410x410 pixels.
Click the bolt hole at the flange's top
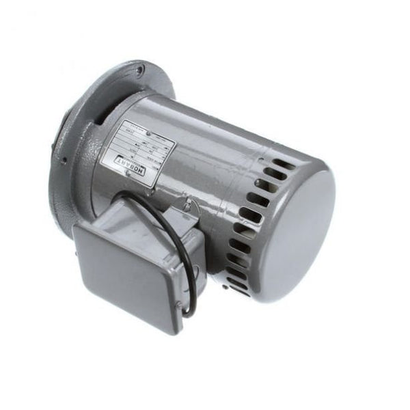139,68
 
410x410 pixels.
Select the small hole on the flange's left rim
62,162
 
